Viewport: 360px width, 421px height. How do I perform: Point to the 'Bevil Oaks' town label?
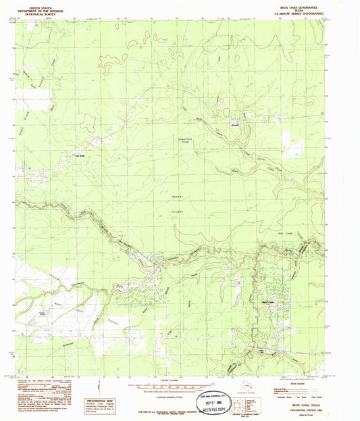[267, 301]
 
